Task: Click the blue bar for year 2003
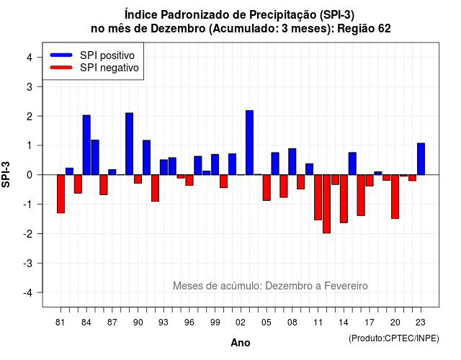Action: (249, 143)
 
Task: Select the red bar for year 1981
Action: (61, 194)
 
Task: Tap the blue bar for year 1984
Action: (86, 145)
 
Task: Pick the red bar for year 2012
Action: (326, 204)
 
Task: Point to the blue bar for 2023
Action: (421, 159)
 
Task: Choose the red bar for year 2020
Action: (395, 197)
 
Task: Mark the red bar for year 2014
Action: (344, 199)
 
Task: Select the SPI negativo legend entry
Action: (94, 68)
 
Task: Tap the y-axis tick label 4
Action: (30, 58)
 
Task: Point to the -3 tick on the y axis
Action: (28, 263)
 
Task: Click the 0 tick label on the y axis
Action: (30, 175)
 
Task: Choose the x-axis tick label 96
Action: (189, 323)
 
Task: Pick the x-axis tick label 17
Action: (370, 323)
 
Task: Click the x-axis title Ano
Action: (241, 343)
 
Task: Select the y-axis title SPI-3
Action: (6, 174)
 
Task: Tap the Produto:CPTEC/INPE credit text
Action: (394, 338)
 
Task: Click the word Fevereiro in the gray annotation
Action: (346, 286)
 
